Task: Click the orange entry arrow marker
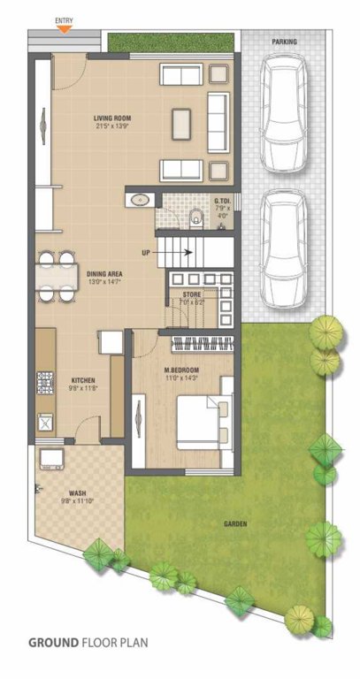(x=64, y=29)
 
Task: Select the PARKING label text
(x=284, y=42)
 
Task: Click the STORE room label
(x=192, y=294)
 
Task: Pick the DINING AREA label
(x=104, y=274)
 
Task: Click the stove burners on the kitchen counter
(x=43, y=382)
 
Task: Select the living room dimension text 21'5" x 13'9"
(x=112, y=126)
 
